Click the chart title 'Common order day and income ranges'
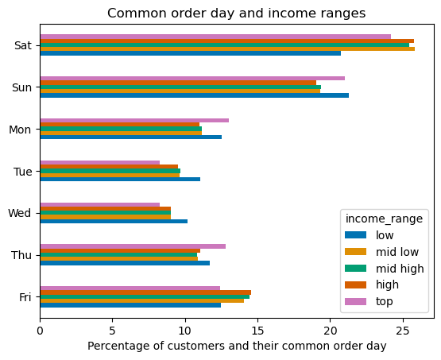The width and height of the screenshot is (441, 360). tap(236, 13)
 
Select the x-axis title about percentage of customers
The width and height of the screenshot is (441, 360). tap(237, 346)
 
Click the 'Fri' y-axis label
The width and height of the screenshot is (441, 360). tap(25, 297)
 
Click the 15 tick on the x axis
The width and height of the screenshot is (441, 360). tap(257, 329)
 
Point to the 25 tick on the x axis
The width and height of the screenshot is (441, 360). tap(403, 329)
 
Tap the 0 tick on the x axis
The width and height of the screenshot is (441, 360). tap(40, 329)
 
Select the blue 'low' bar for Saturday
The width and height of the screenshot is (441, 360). tap(190, 53)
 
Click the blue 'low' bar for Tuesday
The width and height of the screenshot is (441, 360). tap(120, 179)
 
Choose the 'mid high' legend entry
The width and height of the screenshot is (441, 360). tap(400, 269)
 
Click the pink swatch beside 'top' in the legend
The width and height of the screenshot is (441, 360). tap(356, 301)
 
